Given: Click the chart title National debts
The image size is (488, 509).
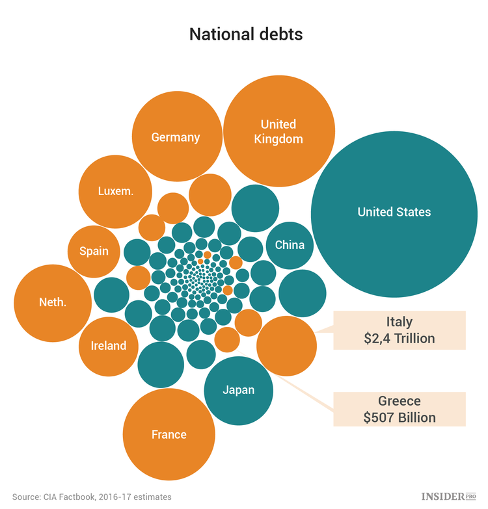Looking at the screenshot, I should coord(245,34).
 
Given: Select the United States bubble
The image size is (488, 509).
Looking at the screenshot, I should coord(394,213).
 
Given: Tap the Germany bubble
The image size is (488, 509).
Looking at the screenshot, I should coord(175,137).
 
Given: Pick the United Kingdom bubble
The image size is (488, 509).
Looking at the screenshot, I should coord(278,131).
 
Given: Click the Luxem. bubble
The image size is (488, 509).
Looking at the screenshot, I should coord(116,191).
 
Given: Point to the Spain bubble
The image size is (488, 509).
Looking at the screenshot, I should coord(94,251).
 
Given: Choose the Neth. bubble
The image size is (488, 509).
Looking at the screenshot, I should coord(53,302).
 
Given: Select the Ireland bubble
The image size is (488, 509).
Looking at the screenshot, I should coord(108,345).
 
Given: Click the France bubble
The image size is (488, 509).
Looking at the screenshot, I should coord(169,434).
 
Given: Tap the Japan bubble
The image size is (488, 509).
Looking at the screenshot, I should coord(238,390).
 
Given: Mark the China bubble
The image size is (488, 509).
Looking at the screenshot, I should coord(290,245).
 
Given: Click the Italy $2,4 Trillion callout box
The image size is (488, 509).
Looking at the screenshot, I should coord(400,330).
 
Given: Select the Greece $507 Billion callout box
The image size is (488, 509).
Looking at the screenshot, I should coord(400,410).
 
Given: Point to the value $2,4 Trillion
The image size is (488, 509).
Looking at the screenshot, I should coord(400,338).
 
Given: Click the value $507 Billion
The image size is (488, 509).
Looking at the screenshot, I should coord(400,417).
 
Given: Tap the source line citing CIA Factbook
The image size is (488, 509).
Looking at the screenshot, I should coord(92,497).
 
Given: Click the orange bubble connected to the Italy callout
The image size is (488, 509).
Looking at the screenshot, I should coord(286,346).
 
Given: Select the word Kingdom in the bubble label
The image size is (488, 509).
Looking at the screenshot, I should coord(278,138).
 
